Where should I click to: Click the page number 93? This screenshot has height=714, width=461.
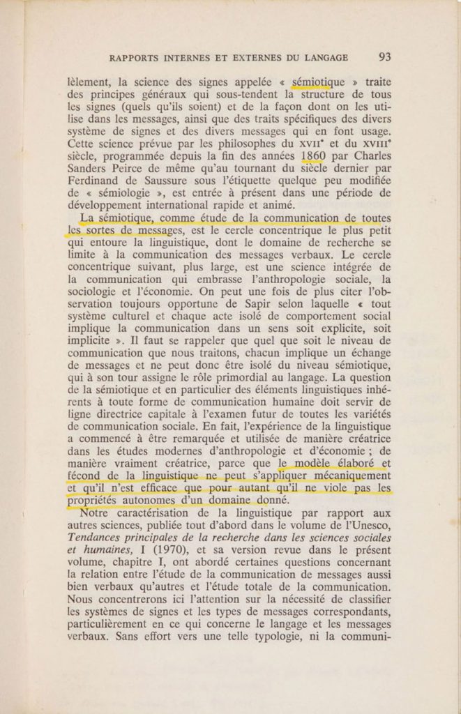tap(384, 57)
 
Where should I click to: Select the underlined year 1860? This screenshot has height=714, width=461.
tap(305, 155)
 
